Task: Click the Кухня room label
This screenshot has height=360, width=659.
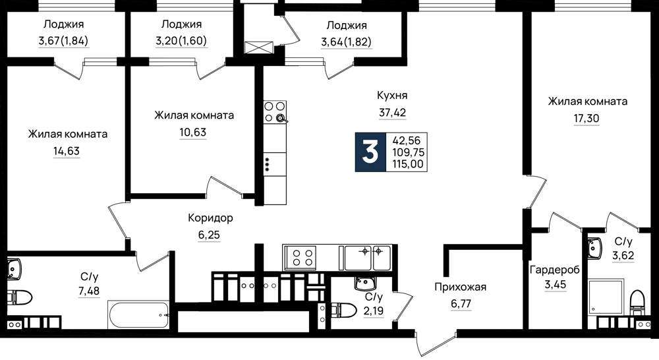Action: pyautogui.click(x=392, y=96)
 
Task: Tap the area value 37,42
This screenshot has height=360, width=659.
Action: pyautogui.click(x=393, y=112)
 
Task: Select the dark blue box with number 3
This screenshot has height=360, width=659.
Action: pyautogui.click(x=370, y=152)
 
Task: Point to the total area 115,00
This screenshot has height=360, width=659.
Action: pyautogui.click(x=408, y=164)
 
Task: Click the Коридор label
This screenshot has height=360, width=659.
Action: pyautogui.click(x=210, y=218)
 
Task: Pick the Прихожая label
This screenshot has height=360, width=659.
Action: pyautogui.click(x=460, y=287)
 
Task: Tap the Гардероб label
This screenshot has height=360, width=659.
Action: pyautogui.click(x=555, y=270)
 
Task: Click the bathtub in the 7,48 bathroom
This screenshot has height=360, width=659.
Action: pyautogui.click(x=138, y=315)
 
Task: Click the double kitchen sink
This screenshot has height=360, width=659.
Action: pyautogui.click(x=368, y=257)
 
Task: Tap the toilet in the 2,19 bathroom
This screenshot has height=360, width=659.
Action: pyautogui.click(x=340, y=310)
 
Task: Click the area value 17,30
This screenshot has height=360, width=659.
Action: pyautogui.click(x=587, y=119)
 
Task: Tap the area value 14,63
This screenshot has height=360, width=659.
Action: pyautogui.click(x=67, y=151)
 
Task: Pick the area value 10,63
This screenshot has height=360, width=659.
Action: pyautogui.click(x=193, y=133)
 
